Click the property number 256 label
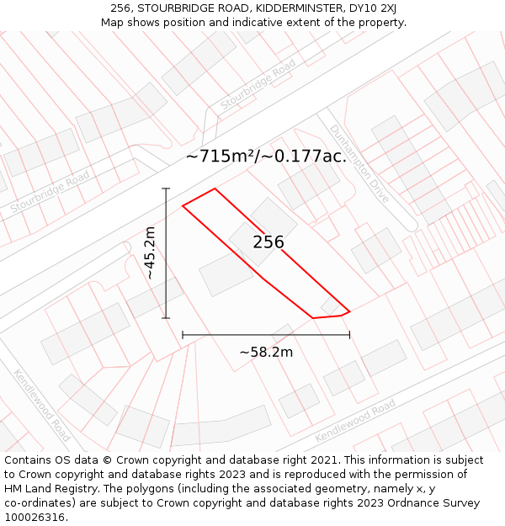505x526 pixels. coord(268,242)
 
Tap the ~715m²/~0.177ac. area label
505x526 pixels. coord(266,157)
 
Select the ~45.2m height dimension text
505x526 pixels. coord(149,252)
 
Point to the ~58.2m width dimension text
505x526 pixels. coord(266,352)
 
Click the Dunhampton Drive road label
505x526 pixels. coord(359,163)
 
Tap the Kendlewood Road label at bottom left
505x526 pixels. coord(42,405)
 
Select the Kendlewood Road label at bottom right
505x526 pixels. coord(354,421)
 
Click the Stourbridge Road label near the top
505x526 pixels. coord(258,84)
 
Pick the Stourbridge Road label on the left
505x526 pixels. coord(50,192)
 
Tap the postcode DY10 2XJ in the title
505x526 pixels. coord(370,8)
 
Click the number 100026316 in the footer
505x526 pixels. coord(35,518)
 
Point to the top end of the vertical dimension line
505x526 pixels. coord(166,189)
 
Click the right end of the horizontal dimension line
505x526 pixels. coord(349,335)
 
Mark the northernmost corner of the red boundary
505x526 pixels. coord(215,189)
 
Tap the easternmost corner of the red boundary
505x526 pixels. coord(349,312)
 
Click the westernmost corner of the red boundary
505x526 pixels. coord(183,205)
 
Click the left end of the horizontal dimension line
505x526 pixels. coord(183,335)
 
